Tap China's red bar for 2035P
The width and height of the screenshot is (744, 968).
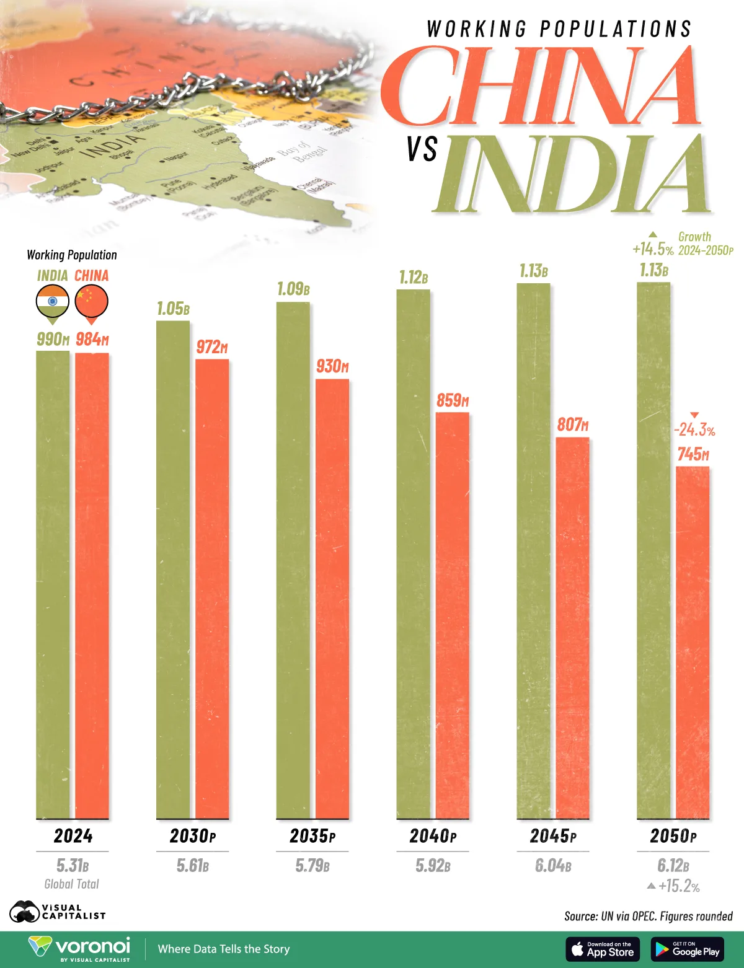[332, 599]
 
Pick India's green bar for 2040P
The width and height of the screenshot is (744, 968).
[413, 554]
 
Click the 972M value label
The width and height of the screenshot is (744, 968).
[212, 347]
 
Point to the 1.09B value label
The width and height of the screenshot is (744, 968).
[293, 289]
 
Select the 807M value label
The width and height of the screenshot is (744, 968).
[572, 425]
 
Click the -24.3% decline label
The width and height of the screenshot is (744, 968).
[694, 429]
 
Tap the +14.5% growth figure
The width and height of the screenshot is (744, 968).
[652, 249]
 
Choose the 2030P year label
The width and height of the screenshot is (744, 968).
[193, 836]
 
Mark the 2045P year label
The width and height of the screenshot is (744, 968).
[553, 836]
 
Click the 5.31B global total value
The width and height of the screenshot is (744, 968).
[73, 865]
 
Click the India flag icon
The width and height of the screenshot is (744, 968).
[53, 302]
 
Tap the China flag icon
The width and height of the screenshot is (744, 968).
[92, 302]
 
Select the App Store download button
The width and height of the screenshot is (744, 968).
[603, 949]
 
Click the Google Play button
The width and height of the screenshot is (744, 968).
[688, 949]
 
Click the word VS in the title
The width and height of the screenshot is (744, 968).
[422, 149]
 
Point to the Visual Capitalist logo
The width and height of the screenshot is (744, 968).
[58, 912]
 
